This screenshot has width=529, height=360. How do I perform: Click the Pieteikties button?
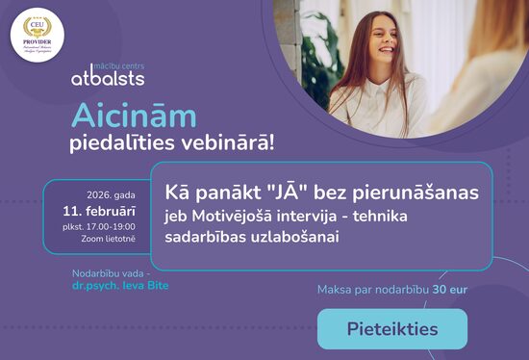coord(392,329)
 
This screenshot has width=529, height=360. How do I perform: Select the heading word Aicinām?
coord(135,116)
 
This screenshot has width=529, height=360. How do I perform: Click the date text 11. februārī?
coord(100,208)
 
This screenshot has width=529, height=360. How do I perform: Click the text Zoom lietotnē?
coord(109,238)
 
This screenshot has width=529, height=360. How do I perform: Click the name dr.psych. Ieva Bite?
coord(113,286)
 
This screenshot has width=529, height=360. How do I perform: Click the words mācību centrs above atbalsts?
coord(113,61)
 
